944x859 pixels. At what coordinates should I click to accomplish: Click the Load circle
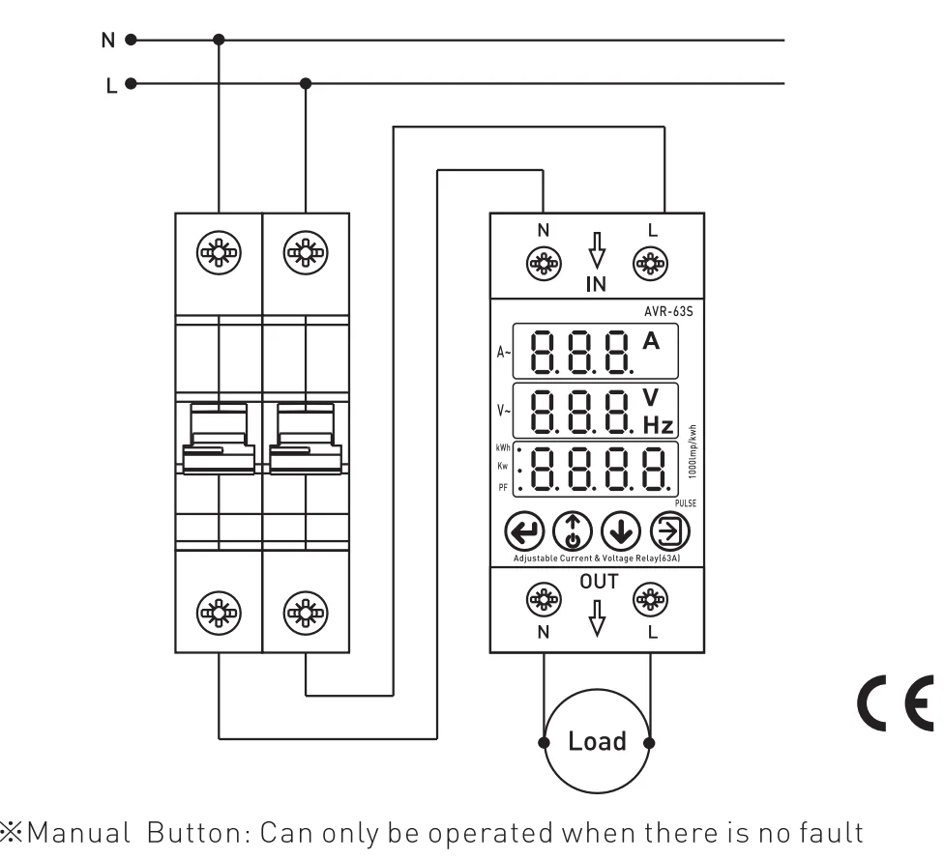[597, 742]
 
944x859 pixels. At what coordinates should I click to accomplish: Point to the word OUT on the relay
[597, 582]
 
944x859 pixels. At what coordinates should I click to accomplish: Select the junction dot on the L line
[307, 83]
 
